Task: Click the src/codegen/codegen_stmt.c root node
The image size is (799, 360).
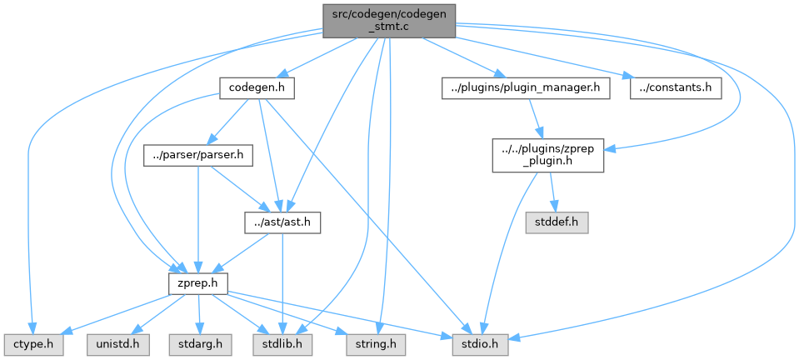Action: (389, 18)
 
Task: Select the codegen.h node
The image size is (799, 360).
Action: (257, 87)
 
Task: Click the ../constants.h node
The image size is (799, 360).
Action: (675, 87)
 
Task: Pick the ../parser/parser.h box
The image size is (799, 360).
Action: (197, 155)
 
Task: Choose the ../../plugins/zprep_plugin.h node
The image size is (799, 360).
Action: (547, 155)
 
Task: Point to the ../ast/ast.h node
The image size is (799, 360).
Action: (282, 222)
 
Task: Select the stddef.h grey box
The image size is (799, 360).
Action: (556, 222)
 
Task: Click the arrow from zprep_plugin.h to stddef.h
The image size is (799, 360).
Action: (552, 192)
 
